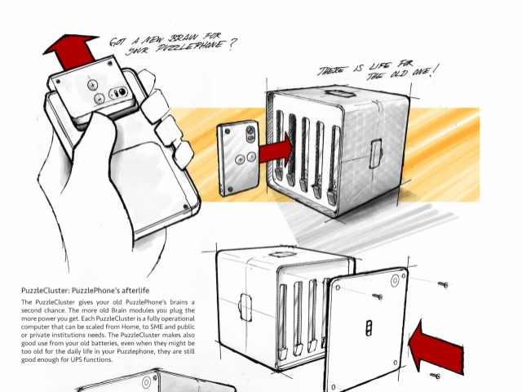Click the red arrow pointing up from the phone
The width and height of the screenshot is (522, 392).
tap(73, 51)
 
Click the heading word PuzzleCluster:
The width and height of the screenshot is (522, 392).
tap(46, 291)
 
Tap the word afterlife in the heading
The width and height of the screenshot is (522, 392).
tap(135, 291)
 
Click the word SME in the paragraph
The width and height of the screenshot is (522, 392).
tap(157, 327)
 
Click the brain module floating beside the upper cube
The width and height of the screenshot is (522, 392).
tap(238, 158)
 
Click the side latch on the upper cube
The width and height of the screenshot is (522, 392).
tap(376, 154)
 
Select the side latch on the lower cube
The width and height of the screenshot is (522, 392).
tap(245, 307)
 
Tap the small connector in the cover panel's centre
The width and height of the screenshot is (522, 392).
tap(369, 327)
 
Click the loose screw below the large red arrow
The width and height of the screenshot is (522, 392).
tap(435, 376)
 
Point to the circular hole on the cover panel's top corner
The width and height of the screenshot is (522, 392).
tap(395, 280)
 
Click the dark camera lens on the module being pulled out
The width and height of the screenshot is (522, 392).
tap(122, 92)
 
